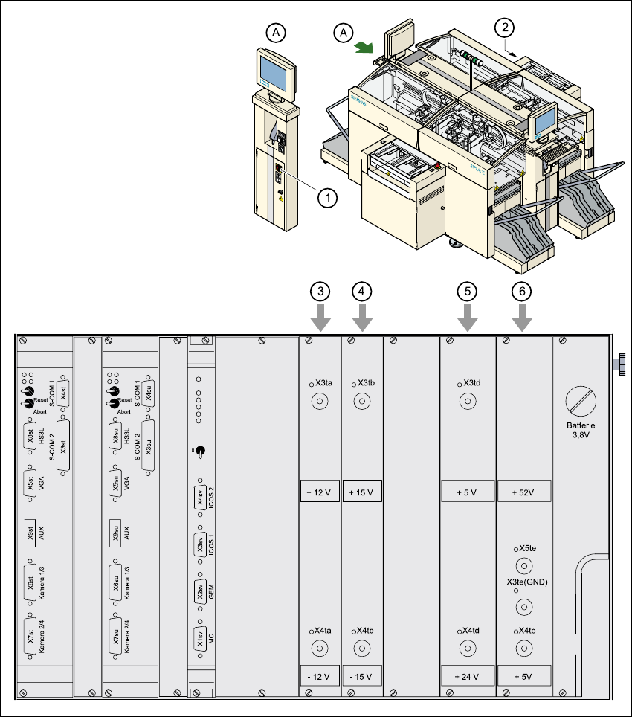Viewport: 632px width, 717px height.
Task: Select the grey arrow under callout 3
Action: (x=320, y=318)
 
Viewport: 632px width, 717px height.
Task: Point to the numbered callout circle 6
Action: (x=523, y=292)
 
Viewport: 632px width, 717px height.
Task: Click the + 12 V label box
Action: (x=320, y=492)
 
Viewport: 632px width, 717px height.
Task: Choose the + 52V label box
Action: (x=523, y=492)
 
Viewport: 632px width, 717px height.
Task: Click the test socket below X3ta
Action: (x=320, y=403)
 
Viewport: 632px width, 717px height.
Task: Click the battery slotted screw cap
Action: (x=581, y=402)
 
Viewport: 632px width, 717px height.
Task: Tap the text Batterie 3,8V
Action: (x=581, y=432)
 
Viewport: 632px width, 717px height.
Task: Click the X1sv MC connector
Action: (x=200, y=639)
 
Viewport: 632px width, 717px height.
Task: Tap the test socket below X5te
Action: (x=523, y=565)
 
